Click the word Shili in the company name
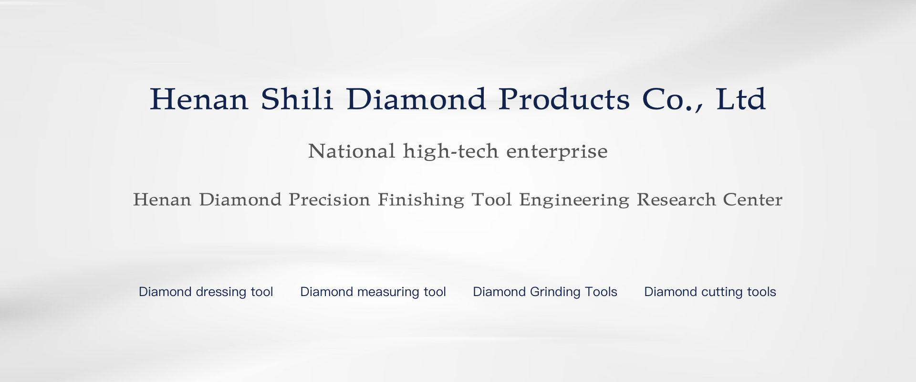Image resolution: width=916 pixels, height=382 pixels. (x=297, y=99)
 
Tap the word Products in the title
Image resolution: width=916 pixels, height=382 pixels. (x=564, y=99)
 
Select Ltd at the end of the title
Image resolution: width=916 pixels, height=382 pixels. (x=741, y=99)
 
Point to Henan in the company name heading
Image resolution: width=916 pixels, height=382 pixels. (x=199, y=99)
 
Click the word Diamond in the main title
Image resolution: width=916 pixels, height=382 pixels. (x=416, y=99)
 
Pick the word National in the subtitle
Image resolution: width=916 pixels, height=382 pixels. (x=352, y=151)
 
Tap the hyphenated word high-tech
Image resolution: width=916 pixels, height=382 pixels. (x=451, y=151)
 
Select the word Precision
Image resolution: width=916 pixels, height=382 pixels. (x=329, y=200)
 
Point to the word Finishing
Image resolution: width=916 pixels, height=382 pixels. (x=421, y=200)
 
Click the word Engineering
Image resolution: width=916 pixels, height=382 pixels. (x=574, y=200)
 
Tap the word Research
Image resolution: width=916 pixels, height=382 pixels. (x=676, y=200)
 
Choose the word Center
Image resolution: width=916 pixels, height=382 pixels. (x=752, y=200)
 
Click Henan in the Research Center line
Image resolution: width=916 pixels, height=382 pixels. (x=162, y=200)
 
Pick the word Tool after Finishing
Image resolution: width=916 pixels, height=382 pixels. (x=491, y=200)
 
